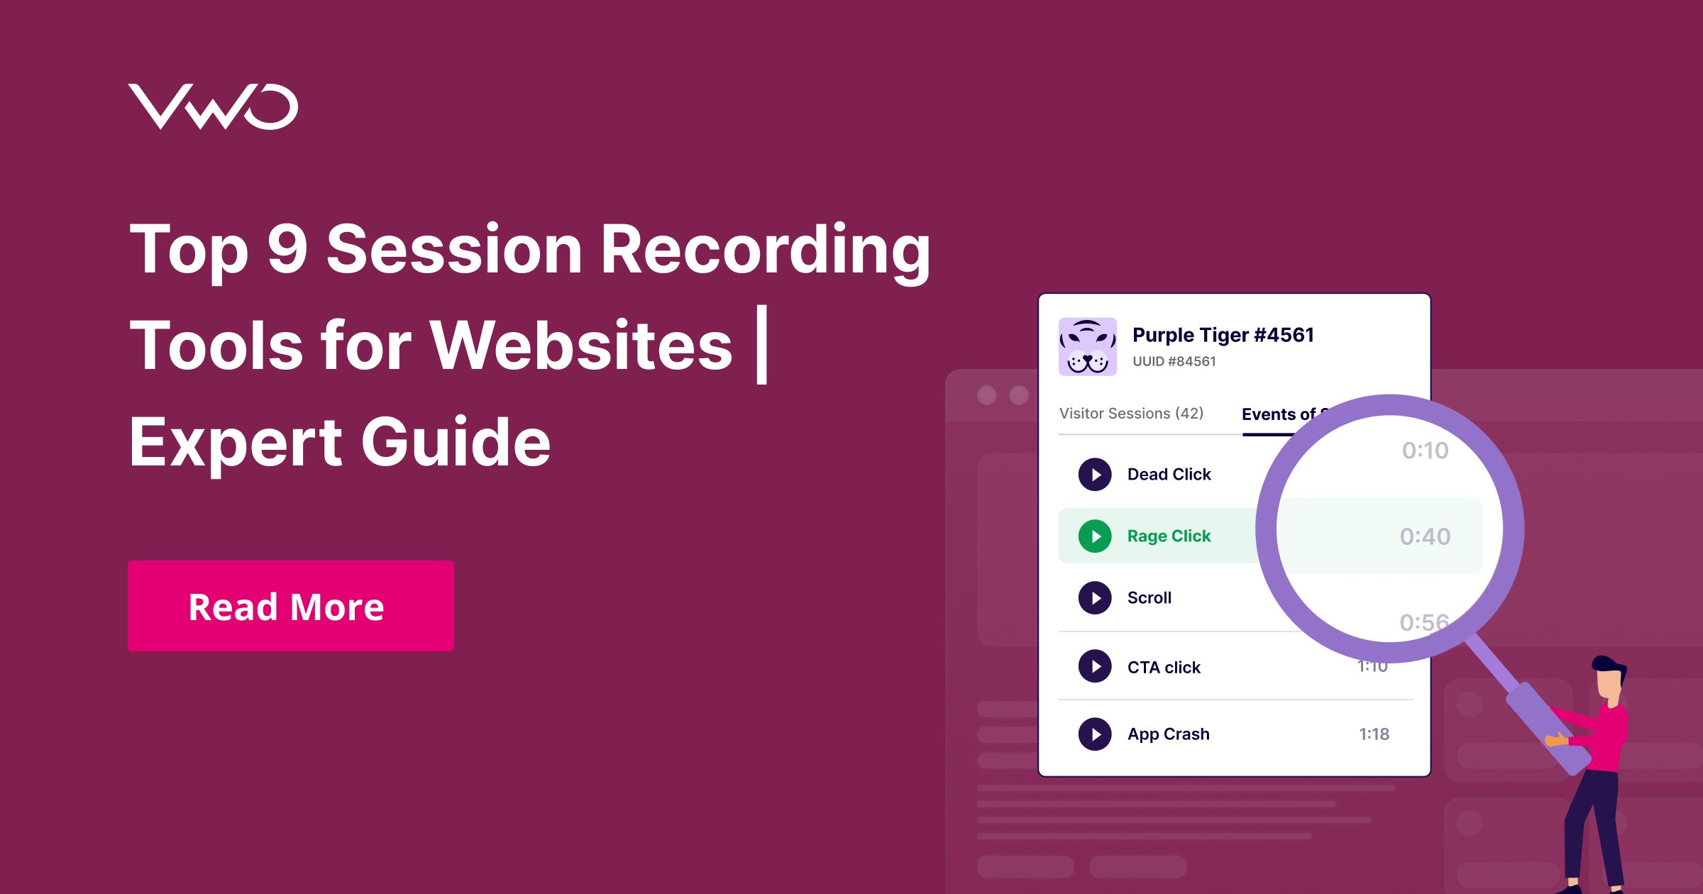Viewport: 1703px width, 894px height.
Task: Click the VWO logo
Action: [213, 106]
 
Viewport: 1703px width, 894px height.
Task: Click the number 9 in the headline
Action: [287, 249]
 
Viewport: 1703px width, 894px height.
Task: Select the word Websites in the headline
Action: [581, 346]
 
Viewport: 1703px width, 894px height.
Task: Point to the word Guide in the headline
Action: [456, 442]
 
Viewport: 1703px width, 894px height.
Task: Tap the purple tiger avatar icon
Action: [1087, 346]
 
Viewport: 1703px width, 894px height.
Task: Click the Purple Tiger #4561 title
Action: [1223, 335]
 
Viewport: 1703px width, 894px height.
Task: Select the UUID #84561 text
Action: [1174, 361]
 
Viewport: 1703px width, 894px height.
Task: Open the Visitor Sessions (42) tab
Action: [1131, 414]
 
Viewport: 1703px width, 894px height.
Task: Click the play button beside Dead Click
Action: [1095, 475]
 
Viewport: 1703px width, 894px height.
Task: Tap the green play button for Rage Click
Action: [1095, 536]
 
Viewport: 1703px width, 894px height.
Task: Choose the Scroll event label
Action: [1149, 598]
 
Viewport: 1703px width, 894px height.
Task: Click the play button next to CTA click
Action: [1095, 667]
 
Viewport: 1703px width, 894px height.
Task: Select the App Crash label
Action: [1168, 734]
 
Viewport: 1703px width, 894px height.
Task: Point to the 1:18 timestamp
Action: [1374, 734]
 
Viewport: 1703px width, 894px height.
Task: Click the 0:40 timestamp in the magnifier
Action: [1425, 537]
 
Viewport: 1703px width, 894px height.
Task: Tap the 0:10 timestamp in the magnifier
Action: [1425, 451]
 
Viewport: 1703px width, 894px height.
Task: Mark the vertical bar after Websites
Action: [762, 345]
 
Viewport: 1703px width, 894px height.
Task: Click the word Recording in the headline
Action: [765, 249]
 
